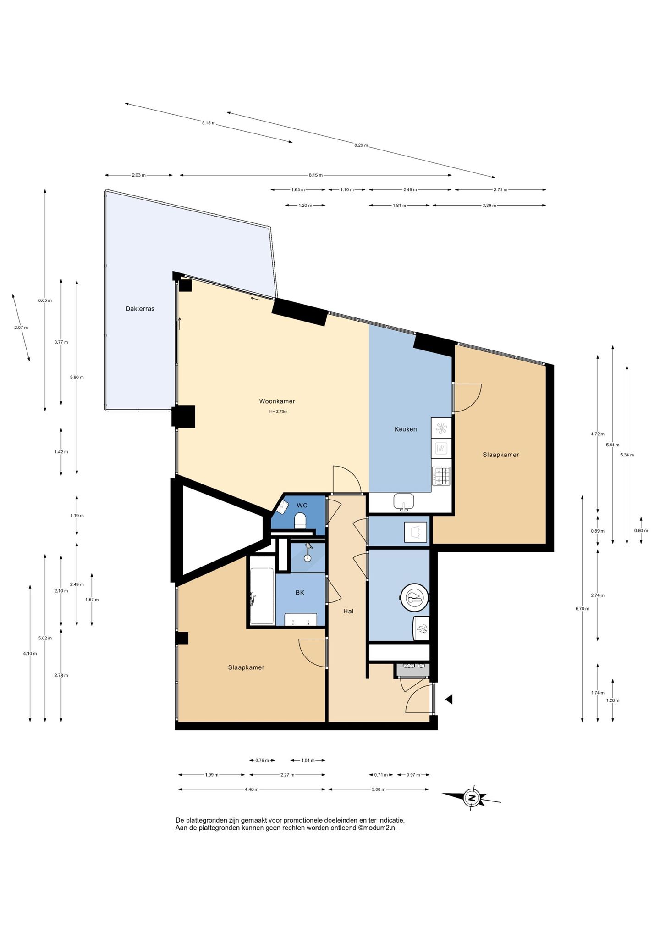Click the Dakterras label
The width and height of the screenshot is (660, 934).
[x=140, y=309]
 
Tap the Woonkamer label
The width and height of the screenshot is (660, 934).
[x=277, y=401]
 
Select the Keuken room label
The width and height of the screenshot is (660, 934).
[x=406, y=429]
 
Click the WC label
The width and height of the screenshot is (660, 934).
[x=302, y=506]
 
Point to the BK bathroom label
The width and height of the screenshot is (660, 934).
[x=300, y=593]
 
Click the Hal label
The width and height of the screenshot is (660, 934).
[x=348, y=611]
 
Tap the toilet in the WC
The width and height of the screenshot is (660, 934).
[x=300, y=520]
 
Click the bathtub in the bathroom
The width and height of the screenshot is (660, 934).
[x=262, y=596]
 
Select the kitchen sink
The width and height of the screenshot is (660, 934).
[x=404, y=502]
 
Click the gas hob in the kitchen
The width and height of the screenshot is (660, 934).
[x=441, y=476]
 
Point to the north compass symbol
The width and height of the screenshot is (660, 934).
[x=472, y=798]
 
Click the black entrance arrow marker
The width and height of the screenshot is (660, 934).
[x=449, y=699]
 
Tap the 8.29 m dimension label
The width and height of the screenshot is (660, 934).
[x=361, y=145]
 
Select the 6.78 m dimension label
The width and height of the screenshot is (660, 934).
[x=582, y=609]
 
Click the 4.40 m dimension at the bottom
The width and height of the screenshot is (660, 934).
[x=252, y=789]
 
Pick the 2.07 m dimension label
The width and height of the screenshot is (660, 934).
[x=21, y=328]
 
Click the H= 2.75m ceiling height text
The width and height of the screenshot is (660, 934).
[x=278, y=411]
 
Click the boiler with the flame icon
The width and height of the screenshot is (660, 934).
[x=421, y=628]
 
